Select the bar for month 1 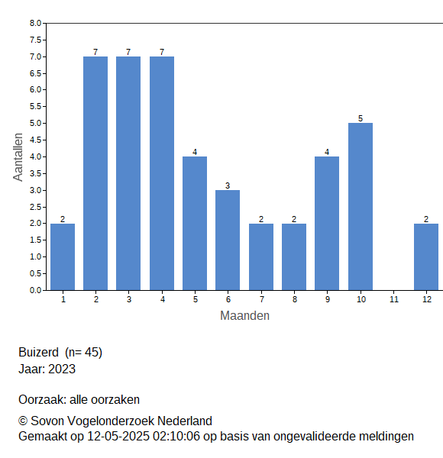[x=63, y=257]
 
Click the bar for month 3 [x=128, y=173]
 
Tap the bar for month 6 [x=228, y=240]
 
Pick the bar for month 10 [x=361, y=207]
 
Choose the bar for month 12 [x=426, y=257]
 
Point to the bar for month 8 [x=294, y=257]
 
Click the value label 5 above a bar [x=361, y=118]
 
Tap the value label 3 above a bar [x=228, y=185]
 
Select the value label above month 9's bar [x=327, y=152]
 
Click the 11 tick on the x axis [x=394, y=299]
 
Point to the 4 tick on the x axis [x=163, y=299]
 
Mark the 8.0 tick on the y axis [x=36, y=23]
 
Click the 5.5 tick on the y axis [x=36, y=107]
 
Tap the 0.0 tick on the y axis [x=36, y=290]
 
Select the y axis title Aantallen [x=18, y=157]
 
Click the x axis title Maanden [x=244, y=316]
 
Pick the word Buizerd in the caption [x=39, y=352]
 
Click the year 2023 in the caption [x=62, y=369]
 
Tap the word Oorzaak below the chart [x=43, y=399]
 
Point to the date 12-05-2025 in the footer [x=118, y=437]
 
